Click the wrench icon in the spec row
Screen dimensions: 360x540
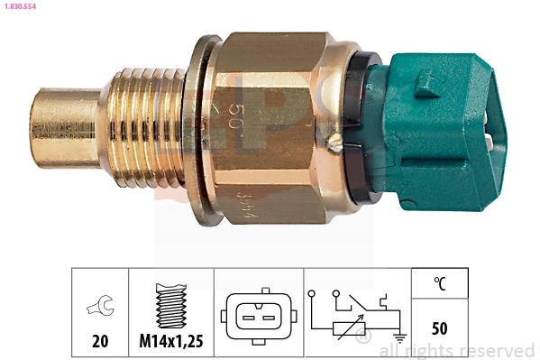pos(99,308)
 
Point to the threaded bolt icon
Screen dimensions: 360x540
pos(171,306)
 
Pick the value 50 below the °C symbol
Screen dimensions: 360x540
pos(440,328)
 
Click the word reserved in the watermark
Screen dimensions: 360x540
pos(497,350)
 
